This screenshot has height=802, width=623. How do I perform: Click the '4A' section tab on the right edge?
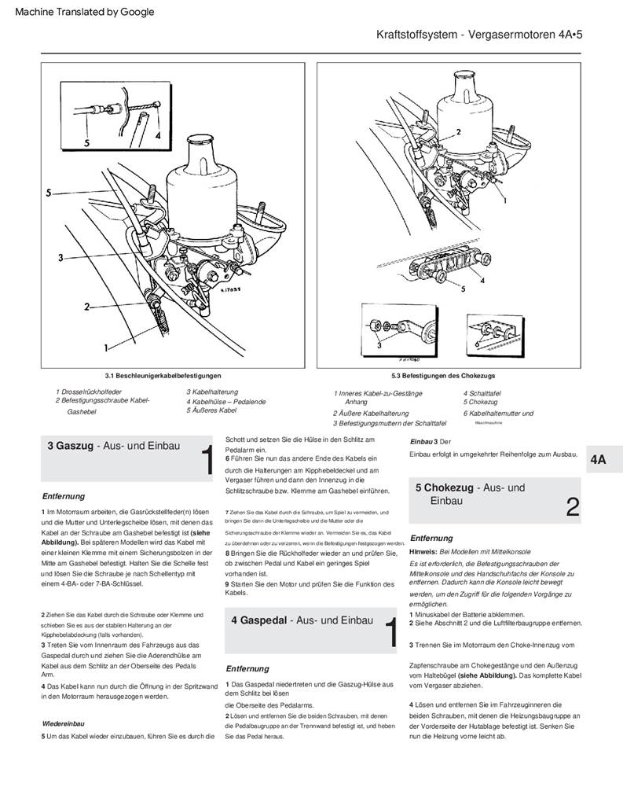pos(599,460)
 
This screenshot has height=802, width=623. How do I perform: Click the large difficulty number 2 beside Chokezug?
pos(573,507)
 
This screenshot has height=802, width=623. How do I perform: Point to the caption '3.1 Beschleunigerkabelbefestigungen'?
pos(163,376)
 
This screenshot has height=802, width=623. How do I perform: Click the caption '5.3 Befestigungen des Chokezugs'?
pos(443,376)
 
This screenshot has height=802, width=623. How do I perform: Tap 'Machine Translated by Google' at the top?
pos(84,12)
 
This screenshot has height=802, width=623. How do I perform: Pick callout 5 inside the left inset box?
pos(87,143)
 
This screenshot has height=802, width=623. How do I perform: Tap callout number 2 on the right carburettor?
pos(459,133)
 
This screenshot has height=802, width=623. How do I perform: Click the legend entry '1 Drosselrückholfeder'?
pos(88,392)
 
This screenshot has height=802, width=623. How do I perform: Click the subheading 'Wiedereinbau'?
pos(63,723)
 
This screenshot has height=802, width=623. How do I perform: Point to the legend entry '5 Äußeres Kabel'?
pos(211,410)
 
